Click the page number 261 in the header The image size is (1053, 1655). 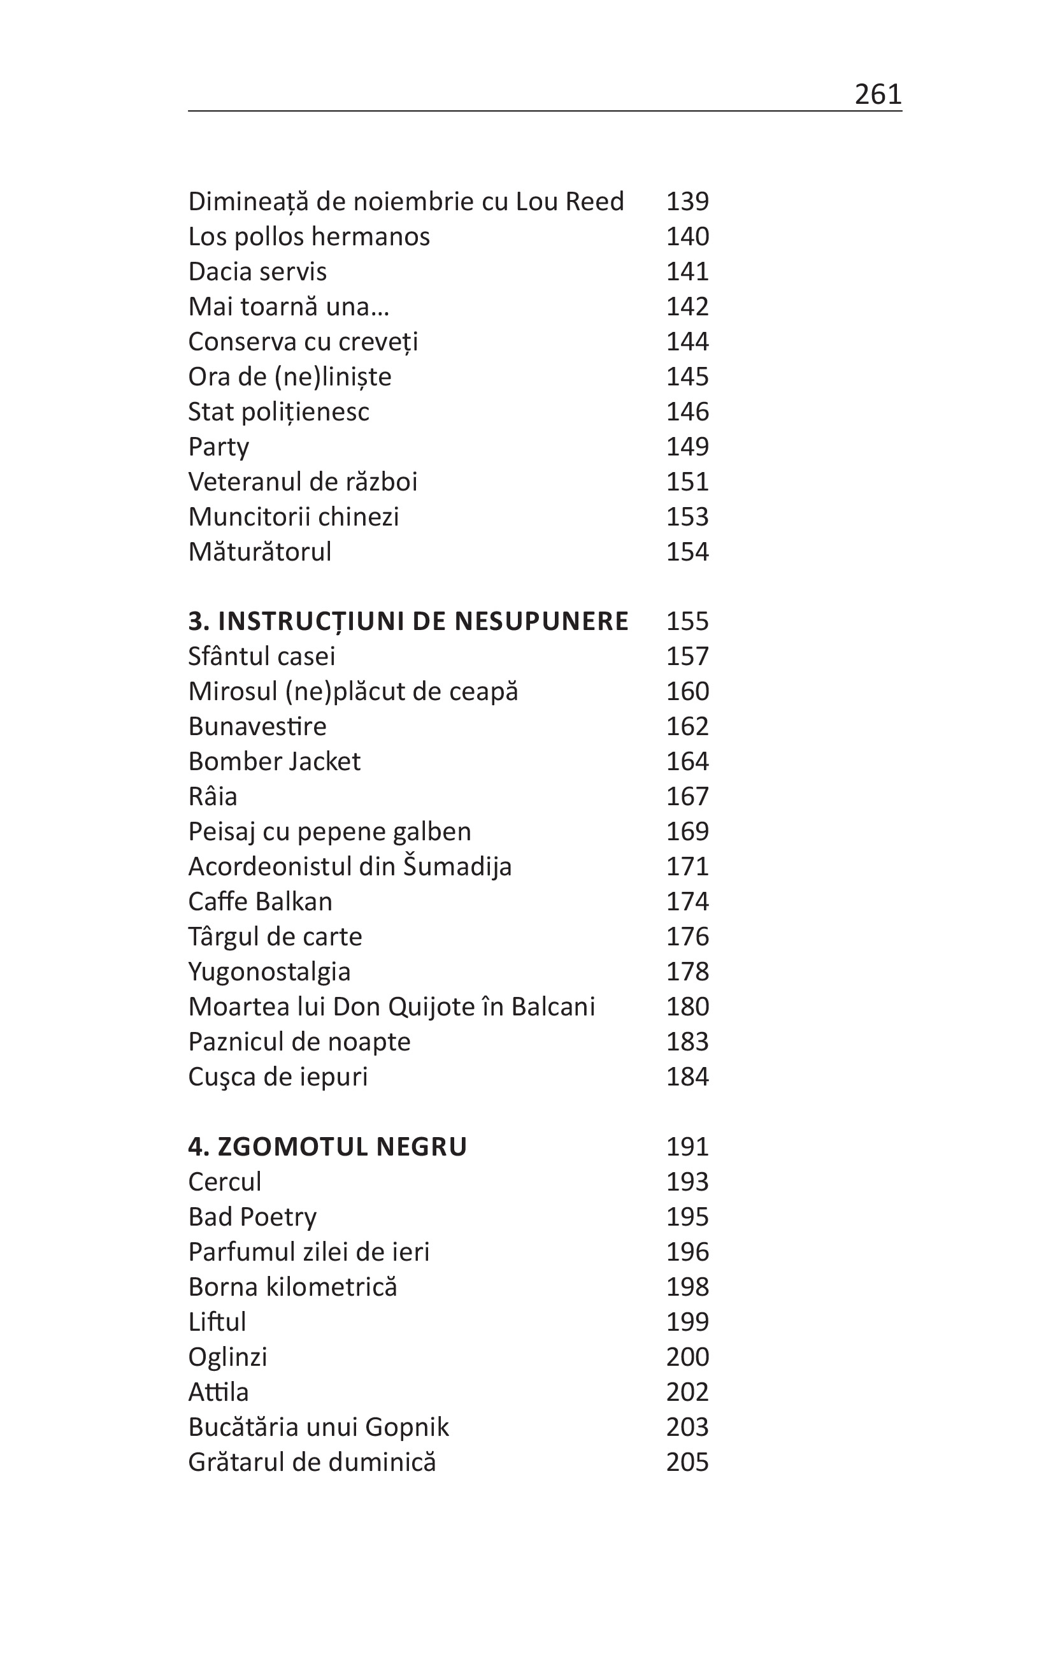pos(877,94)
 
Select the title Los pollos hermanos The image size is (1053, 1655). pos(308,236)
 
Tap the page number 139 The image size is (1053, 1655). pos(687,201)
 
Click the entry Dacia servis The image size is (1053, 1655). pos(257,271)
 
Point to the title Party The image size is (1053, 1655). pos(218,447)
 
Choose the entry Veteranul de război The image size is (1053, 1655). pos(303,482)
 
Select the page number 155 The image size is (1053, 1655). pos(687,621)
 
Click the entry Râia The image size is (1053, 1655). pos(212,796)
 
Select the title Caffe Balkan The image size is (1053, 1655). pos(260,902)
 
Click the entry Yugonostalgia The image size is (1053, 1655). pos(269,972)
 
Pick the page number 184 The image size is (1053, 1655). pos(687,1077)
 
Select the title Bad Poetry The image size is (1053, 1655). pos(252,1217)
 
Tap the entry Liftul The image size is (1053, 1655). pos(217,1322)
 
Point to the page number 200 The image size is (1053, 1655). pos(687,1357)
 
